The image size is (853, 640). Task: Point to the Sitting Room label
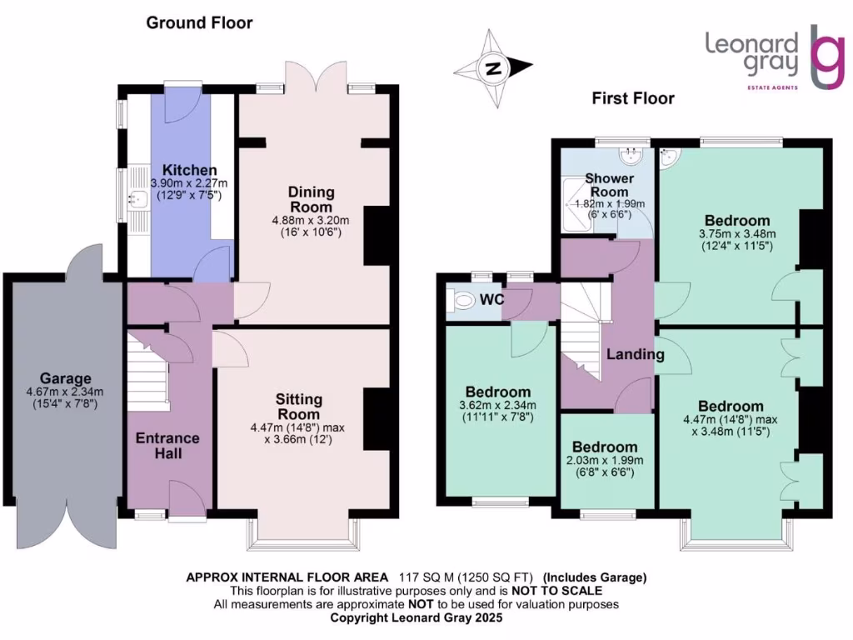[298, 407]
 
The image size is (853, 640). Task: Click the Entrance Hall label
[167, 446]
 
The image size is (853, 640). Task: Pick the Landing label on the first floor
[635, 354]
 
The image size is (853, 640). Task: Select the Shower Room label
[609, 184]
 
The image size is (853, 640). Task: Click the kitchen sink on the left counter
[138, 198]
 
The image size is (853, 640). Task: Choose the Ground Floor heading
[199, 22]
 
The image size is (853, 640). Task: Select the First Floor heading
[633, 98]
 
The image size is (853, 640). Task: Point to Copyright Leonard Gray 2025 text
[417, 618]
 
